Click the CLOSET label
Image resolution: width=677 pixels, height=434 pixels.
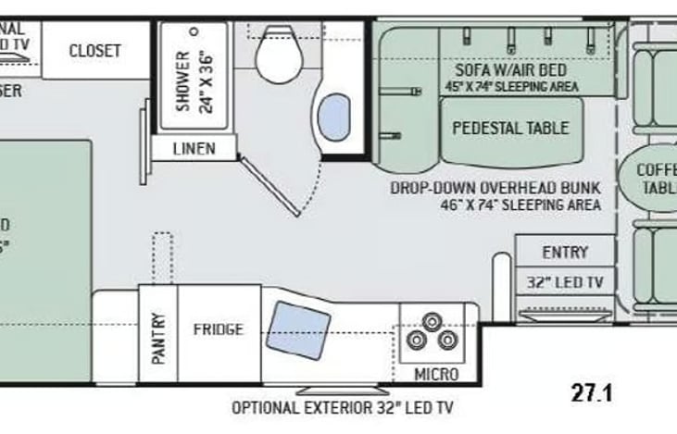click(94, 51)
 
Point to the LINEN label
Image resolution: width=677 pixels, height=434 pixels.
click(194, 148)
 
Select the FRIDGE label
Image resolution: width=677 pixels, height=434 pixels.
click(219, 329)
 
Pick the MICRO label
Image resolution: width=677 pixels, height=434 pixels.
click(436, 375)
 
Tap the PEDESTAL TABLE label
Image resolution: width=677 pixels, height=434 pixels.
click(510, 129)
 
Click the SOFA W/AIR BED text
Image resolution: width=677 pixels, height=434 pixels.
click(510, 70)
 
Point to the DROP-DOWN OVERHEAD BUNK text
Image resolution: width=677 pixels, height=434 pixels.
click(495, 188)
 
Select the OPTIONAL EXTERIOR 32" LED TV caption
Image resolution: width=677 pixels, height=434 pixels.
click(342, 407)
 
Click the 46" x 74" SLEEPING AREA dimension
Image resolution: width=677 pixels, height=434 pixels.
click(521, 205)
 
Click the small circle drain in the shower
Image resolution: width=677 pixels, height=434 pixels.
click(194, 31)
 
